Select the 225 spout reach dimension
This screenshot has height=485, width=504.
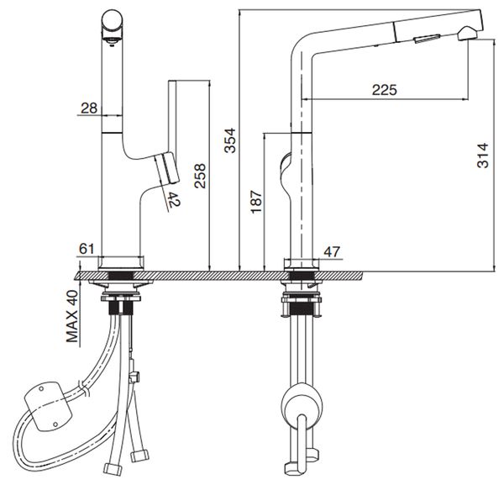(x=384, y=90)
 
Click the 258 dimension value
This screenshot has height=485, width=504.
(x=200, y=177)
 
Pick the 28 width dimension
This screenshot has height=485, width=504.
(x=90, y=107)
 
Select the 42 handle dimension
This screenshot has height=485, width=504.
(x=173, y=200)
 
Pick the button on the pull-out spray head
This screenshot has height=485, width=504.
(x=428, y=35)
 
